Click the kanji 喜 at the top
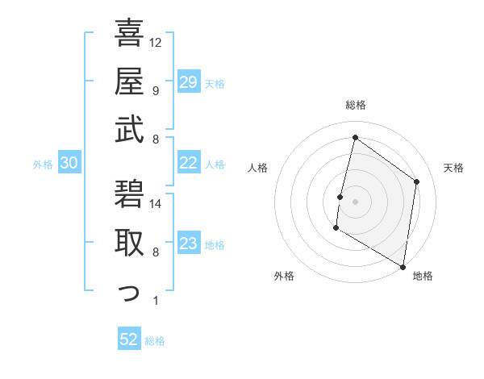pyautogui.click(x=129, y=33)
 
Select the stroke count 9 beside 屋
pyautogui.click(x=155, y=90)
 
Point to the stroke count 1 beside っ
pyautogui.click(x=155, y=301)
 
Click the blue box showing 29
pyautogui.click(x=189, y=82)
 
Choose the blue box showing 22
pyautogui.click(x=189, y=163)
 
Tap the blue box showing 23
pyautogui.click(x=189, y=244)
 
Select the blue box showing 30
pyautogui.click(x=69, y=164)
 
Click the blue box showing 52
pyautogui.click(x=129, y=339)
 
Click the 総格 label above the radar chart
pyautogui.click(x=355, y=106)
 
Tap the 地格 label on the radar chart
pyautogui.click(x=423, y=276)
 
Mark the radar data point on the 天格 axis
pyautogui.click(x=417, y=181)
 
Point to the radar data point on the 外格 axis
pyautogui.click(x=336, y=228)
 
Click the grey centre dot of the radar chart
pyautogui.click(x=355, y=202)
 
